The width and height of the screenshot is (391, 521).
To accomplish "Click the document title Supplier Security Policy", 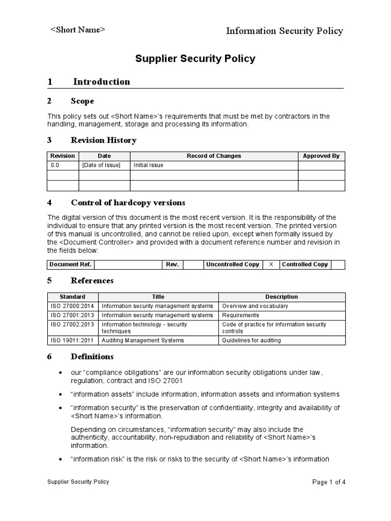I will (195, 59).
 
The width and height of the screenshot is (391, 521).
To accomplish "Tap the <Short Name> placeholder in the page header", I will (77, 30).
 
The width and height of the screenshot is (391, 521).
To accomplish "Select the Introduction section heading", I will (101, 81).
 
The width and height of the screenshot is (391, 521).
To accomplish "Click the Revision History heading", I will (103, 140).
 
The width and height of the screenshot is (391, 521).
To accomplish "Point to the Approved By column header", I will (321, 156).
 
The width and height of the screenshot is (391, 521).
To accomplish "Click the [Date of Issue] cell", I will (101, 165).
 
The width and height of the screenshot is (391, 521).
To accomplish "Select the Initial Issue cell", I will (149, 165).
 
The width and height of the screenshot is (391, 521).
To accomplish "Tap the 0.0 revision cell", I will (55, 165).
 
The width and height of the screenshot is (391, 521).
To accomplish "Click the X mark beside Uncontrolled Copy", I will (271, 265).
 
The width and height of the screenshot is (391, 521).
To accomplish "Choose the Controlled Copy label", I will (304, 265).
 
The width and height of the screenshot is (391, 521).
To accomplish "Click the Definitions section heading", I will (92, 357).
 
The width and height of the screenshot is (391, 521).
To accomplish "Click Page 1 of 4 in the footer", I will (328, 482).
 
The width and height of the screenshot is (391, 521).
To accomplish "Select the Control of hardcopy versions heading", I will (128, 202).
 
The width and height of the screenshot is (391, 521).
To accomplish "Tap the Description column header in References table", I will (282, 297).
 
